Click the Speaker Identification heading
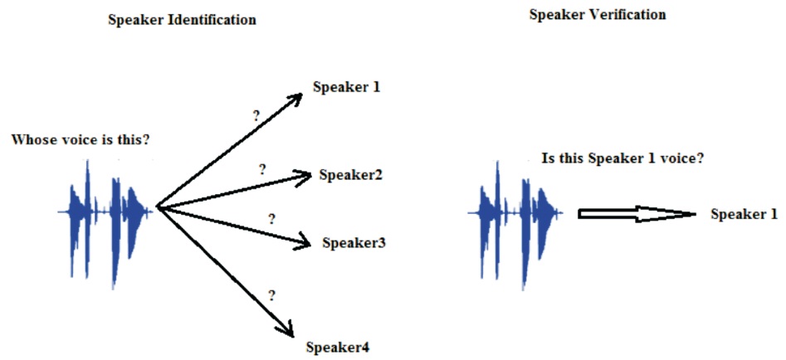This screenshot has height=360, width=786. [x=182, y=20]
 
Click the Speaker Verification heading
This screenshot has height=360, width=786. [x=598, y=15]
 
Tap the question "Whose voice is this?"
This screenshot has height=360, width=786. [x=80, y=139]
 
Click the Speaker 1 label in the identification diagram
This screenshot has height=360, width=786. [x=346, y=86]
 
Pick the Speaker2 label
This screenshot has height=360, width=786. [x=350, y=175]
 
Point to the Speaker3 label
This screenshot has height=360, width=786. [x=354, y=243]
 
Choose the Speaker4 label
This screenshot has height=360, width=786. [x=337, y=347]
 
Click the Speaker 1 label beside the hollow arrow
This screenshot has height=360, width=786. [x=744, y=214]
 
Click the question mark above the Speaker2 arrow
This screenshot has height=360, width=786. [x=262, y=169]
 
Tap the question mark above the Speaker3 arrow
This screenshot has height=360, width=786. [x=271, y=220]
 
